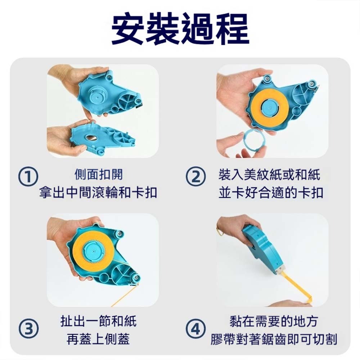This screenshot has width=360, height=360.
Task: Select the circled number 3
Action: point(28,329)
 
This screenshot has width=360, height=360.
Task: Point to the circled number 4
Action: point(195,329)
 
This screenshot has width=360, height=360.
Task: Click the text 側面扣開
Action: point(98,174)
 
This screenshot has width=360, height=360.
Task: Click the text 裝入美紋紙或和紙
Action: point(269,174)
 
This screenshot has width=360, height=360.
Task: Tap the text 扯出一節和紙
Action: point(98,321)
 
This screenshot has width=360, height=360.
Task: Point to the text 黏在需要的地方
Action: point(274,321)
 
